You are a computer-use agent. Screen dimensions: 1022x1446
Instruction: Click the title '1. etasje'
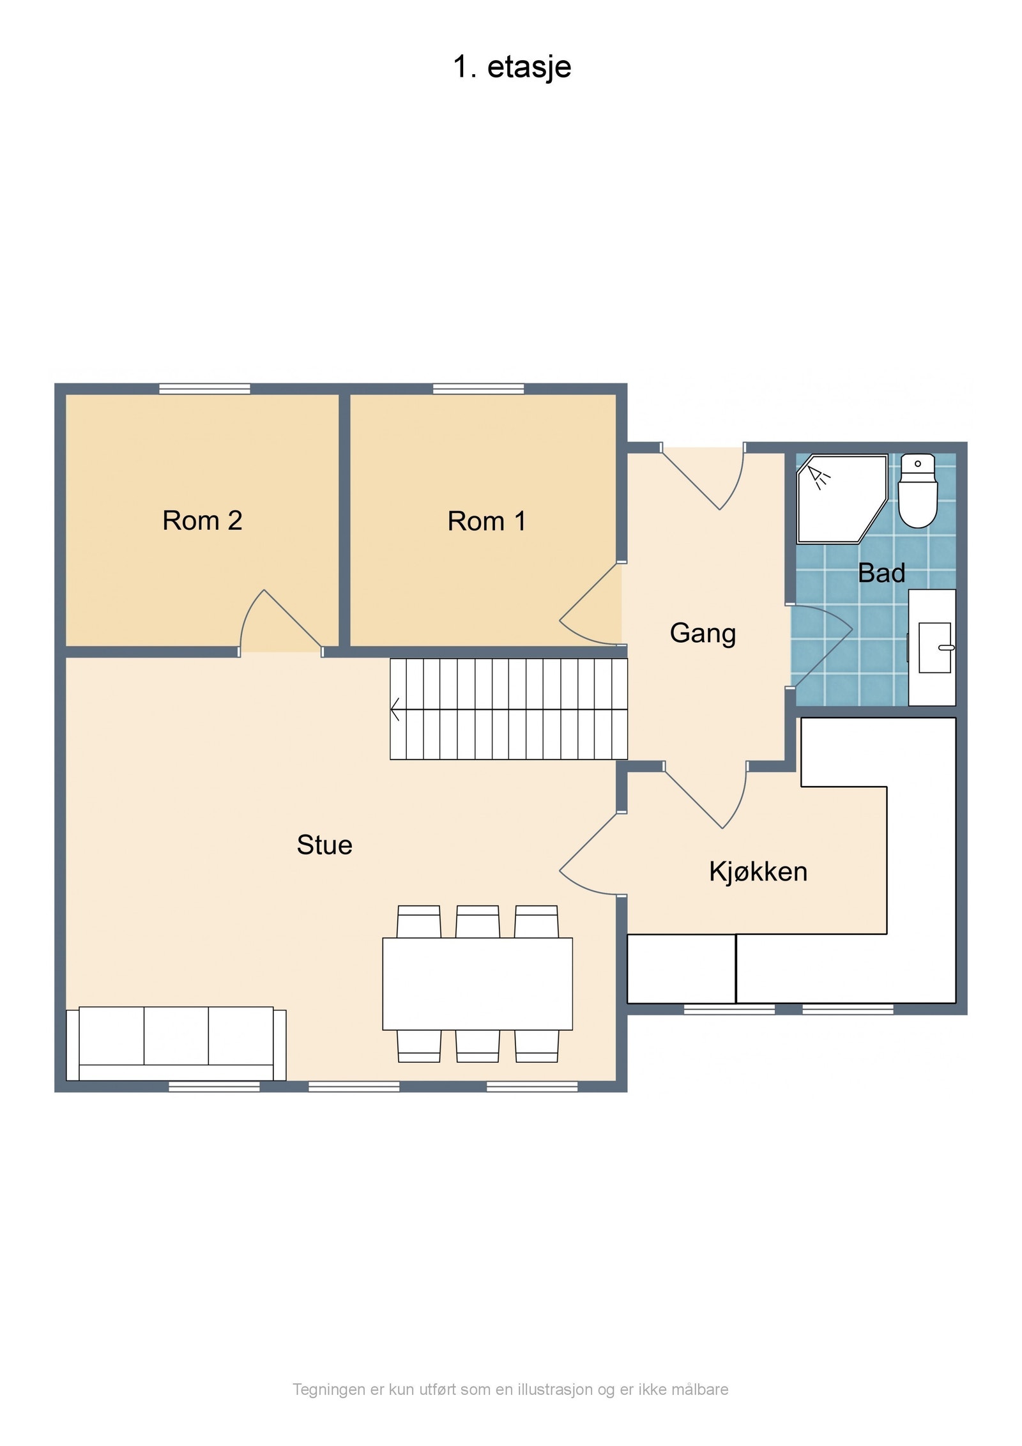click(512, 67)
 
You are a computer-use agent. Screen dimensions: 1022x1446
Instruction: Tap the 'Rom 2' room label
click(202, 521)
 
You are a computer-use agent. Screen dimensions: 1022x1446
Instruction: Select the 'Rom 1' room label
click(487, 521)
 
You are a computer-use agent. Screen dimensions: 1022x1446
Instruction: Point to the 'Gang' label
click(703, 634)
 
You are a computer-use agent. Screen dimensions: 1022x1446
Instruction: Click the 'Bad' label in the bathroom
click(881, 573)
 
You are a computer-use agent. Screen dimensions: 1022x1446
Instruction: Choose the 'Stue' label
click(324, 845)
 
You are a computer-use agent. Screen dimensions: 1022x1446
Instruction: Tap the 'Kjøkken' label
click(758, 872)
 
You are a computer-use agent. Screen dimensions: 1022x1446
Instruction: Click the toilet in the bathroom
click(917, 491)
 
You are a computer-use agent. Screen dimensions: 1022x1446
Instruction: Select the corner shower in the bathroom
click(842, 498)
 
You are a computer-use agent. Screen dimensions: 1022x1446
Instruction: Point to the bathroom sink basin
click(935, 647)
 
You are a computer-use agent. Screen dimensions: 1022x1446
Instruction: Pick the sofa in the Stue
click(176, 1044)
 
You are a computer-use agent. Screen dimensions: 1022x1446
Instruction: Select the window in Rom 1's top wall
click(478, 388)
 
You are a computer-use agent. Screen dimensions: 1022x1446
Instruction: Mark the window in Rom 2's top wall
click(204, 388)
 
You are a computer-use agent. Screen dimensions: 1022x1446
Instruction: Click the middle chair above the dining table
click(477, 921)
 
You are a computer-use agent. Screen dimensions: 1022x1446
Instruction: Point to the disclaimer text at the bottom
click(510, 1390)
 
